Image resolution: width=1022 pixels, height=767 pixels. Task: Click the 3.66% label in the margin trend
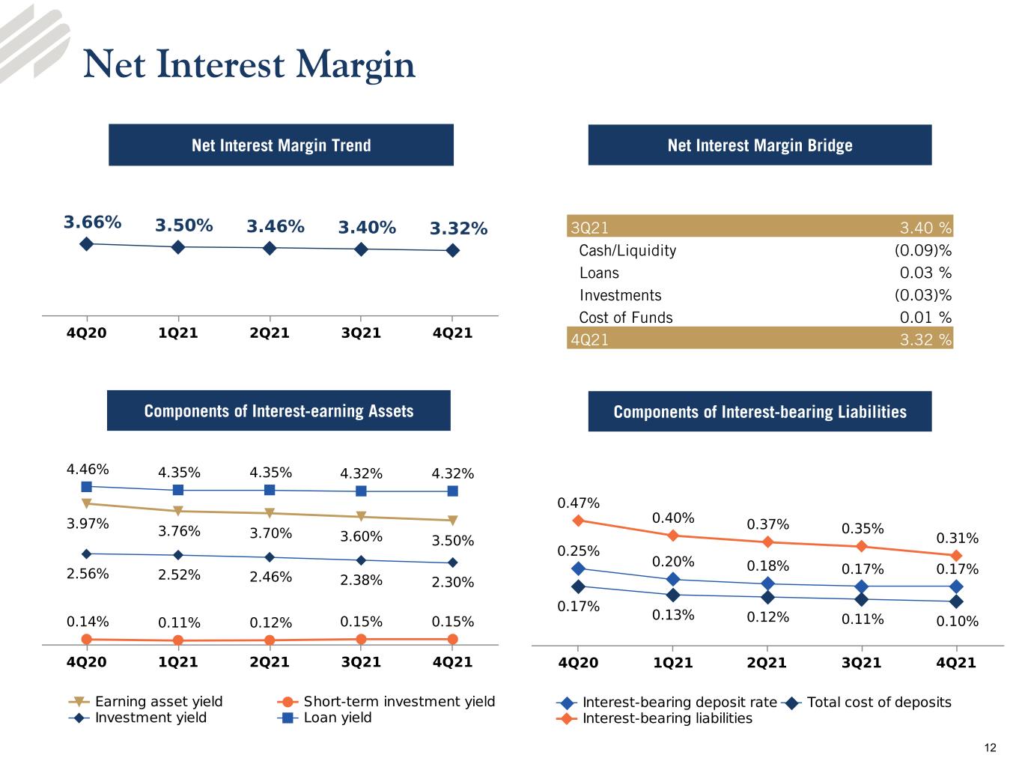pyautogui.click(x=92, y=222)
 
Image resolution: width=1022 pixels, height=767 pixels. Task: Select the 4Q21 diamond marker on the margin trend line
pyautogui.click(x=452, y=250)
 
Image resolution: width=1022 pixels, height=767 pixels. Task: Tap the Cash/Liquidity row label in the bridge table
pyautogui.click(x=627, y=250)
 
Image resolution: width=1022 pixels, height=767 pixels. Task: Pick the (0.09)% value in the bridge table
pyautogui.click(x=922, y=250)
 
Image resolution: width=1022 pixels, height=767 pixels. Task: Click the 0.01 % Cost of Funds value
pyautogui.click(x=925, y=318)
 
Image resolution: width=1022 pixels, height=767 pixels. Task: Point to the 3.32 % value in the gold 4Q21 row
pyautogui.click(x=925, y=339)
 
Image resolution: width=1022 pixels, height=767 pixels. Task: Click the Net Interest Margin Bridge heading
pyautogui.click(x=760, y=145)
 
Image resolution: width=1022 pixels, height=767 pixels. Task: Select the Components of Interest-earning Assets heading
pyautogui.click(x=279, y=411)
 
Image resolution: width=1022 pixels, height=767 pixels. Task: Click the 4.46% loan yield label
pyautogui.click(x=88, y=469)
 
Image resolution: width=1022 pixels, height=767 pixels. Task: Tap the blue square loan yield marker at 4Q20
pyautogui.click(x=87, y=487)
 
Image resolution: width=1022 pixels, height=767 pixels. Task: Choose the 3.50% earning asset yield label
pyautogui.click(x=452, y=540)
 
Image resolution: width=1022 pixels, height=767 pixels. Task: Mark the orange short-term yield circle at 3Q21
pyautogui.click(x=361, y=639)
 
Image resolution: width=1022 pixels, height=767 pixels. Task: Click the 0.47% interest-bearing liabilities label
pyautogui.click(x=578, y=503)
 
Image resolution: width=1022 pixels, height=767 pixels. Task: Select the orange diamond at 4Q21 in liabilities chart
pyautogui.click(x=956, y=555)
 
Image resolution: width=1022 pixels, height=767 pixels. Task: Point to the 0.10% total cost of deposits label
pyautogui.click(x=958, y=621)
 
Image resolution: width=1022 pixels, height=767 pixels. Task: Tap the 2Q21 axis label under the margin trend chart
pyautogui.click(x=270, y=333)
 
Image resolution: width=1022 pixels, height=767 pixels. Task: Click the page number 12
pyautogui.click(x=990, y=748)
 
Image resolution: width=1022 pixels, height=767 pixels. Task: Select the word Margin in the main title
pyautogui.click(x=355, y=65)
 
